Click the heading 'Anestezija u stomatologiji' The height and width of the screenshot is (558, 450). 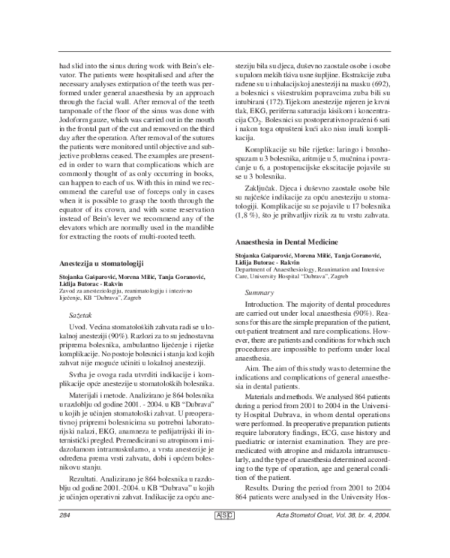point(101,264)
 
